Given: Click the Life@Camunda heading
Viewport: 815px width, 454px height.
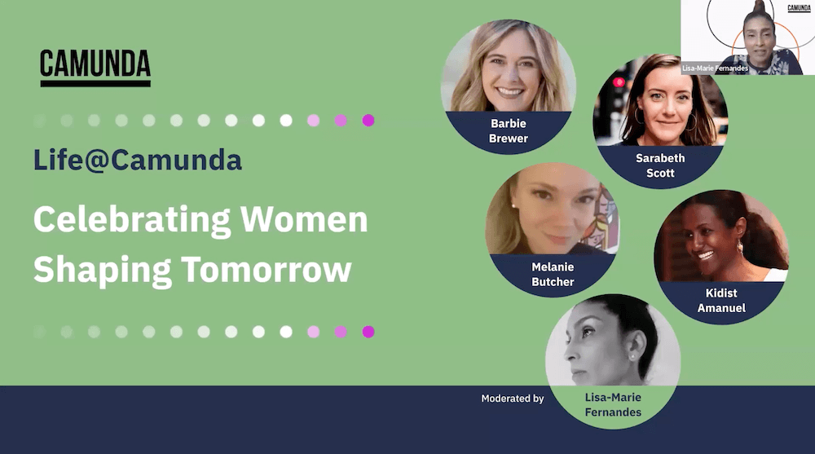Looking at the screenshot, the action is [x=138, y=160].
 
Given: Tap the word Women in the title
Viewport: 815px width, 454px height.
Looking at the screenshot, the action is [x=304, y=219].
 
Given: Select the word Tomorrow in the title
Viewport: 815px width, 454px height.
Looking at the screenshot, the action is [x=267, y=269].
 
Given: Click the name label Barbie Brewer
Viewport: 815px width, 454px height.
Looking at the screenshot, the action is [x=509, y=131].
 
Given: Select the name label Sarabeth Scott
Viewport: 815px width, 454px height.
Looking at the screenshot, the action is [x=660, y=165].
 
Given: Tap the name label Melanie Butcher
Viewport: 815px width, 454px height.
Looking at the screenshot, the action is [x=553, y=274].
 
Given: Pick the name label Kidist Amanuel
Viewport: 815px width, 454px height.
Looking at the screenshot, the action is [x=721, y=301].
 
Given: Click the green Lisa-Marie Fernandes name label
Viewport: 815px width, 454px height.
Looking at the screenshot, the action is [x=613, y=404].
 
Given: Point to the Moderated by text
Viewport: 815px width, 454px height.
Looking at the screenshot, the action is [x=512, y=399].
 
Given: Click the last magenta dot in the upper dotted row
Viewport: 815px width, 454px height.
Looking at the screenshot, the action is [x=368, y=121].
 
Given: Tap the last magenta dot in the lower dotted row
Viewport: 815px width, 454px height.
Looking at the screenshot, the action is [x=368, y=332].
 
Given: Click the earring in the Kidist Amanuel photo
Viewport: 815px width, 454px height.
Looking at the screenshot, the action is [x=738, y=246].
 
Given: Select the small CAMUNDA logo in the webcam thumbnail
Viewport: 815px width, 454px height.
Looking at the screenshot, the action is [x=799, y=8].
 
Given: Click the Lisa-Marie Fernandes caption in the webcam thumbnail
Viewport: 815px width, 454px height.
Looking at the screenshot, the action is [x=716, y=68].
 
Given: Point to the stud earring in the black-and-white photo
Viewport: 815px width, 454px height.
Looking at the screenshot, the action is [x=632, y=357].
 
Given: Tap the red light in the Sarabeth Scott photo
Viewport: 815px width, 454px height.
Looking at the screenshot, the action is [x=618, y=82].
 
